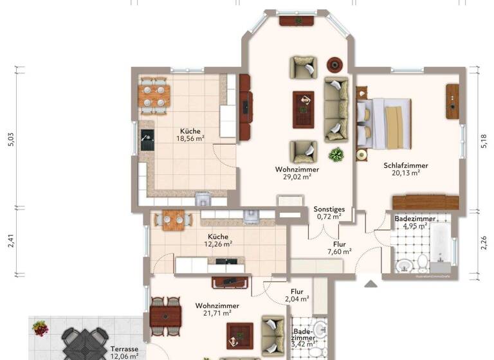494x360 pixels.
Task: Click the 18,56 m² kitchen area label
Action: point(191,138)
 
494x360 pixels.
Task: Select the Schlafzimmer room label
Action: point(406,165)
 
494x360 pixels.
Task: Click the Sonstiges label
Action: point(329,209)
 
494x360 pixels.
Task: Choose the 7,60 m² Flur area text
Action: point(339,251)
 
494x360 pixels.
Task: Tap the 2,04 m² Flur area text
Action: point(297,299)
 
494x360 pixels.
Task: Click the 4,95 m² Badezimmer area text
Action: point(415,226)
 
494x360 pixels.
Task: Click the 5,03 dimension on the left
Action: point(10,140)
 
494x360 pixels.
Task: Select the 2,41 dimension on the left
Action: point(10,242)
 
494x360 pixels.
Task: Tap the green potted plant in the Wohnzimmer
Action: point(335,154)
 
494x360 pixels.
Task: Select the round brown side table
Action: point(334,64)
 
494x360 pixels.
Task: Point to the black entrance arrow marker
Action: point(370,283)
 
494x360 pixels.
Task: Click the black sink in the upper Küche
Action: point(147,140)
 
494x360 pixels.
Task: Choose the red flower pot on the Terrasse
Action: point(41,328)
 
